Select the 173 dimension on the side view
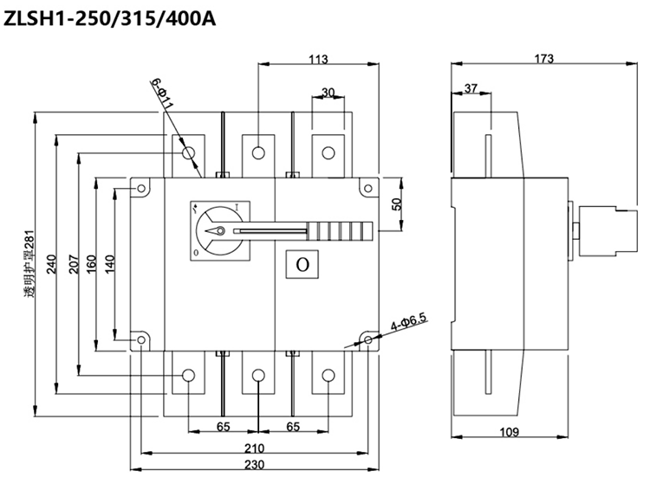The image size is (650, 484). click(543, 60)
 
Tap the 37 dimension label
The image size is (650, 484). click(471, 89)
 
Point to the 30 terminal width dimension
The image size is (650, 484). click(328, 93)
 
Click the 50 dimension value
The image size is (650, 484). click(397, 204)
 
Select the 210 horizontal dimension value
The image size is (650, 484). click(255, 449)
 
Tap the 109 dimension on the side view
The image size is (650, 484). click(509, 432)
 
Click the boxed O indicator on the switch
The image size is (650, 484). click(302, 265)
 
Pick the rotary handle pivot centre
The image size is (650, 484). click(220, 231)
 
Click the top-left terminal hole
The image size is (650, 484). click(189, 153)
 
